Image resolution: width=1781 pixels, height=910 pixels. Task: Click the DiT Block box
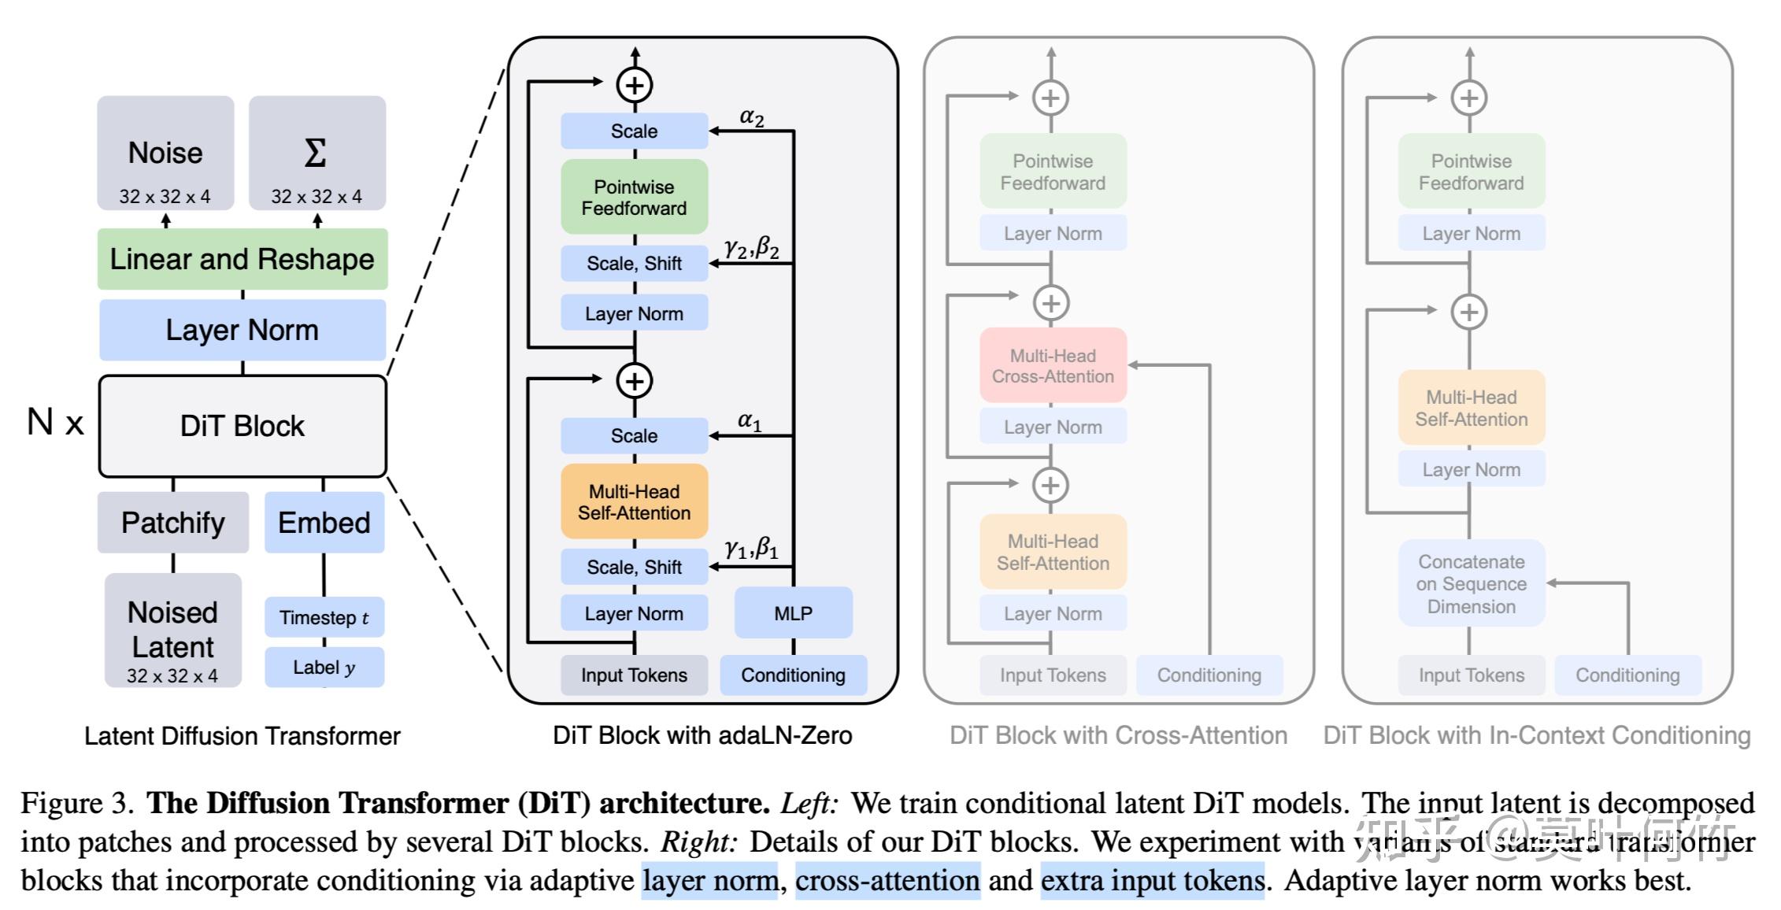coord(243,426)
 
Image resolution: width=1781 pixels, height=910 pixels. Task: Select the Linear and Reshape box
coord(243,259)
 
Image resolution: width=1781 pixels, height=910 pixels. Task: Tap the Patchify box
coord(173,523)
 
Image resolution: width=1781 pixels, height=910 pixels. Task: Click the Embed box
coord(324,523)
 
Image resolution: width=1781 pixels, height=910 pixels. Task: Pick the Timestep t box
coord(324,617)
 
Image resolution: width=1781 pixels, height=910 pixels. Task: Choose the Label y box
coord(324,668)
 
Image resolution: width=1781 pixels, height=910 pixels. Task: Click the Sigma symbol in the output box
coord(316,153)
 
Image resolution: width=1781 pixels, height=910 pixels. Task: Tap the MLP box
coord(793,612)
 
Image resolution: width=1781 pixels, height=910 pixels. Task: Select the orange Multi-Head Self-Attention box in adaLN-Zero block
coord(634,502)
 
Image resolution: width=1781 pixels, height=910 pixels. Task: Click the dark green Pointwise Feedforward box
coord(634,198)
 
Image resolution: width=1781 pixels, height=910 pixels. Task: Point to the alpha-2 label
coord(752,117)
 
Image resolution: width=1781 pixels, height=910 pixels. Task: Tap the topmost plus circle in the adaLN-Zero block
coord(635,85)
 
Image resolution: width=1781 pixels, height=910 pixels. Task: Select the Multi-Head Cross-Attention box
coord(1053,366)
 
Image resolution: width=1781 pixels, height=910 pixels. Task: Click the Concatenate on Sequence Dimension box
coord(1471,584)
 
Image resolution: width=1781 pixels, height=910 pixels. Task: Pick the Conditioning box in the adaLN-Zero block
coord(793,675)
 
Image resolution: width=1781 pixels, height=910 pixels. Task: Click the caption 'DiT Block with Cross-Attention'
coord(1118,735)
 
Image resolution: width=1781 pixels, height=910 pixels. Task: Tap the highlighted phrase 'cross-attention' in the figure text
coord(887,880)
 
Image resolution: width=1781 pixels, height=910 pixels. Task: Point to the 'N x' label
coord(55,423)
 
